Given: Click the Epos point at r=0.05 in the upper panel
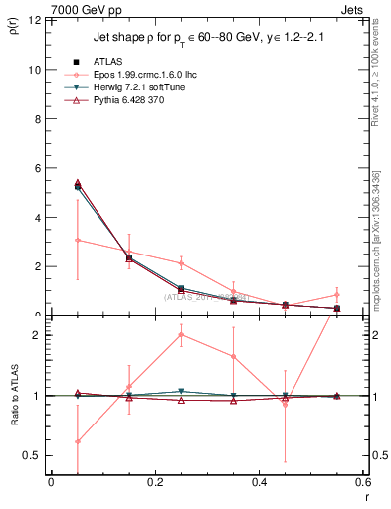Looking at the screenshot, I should [x=78, y=240].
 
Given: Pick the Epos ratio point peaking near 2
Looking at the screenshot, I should [x=181, y=334].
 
